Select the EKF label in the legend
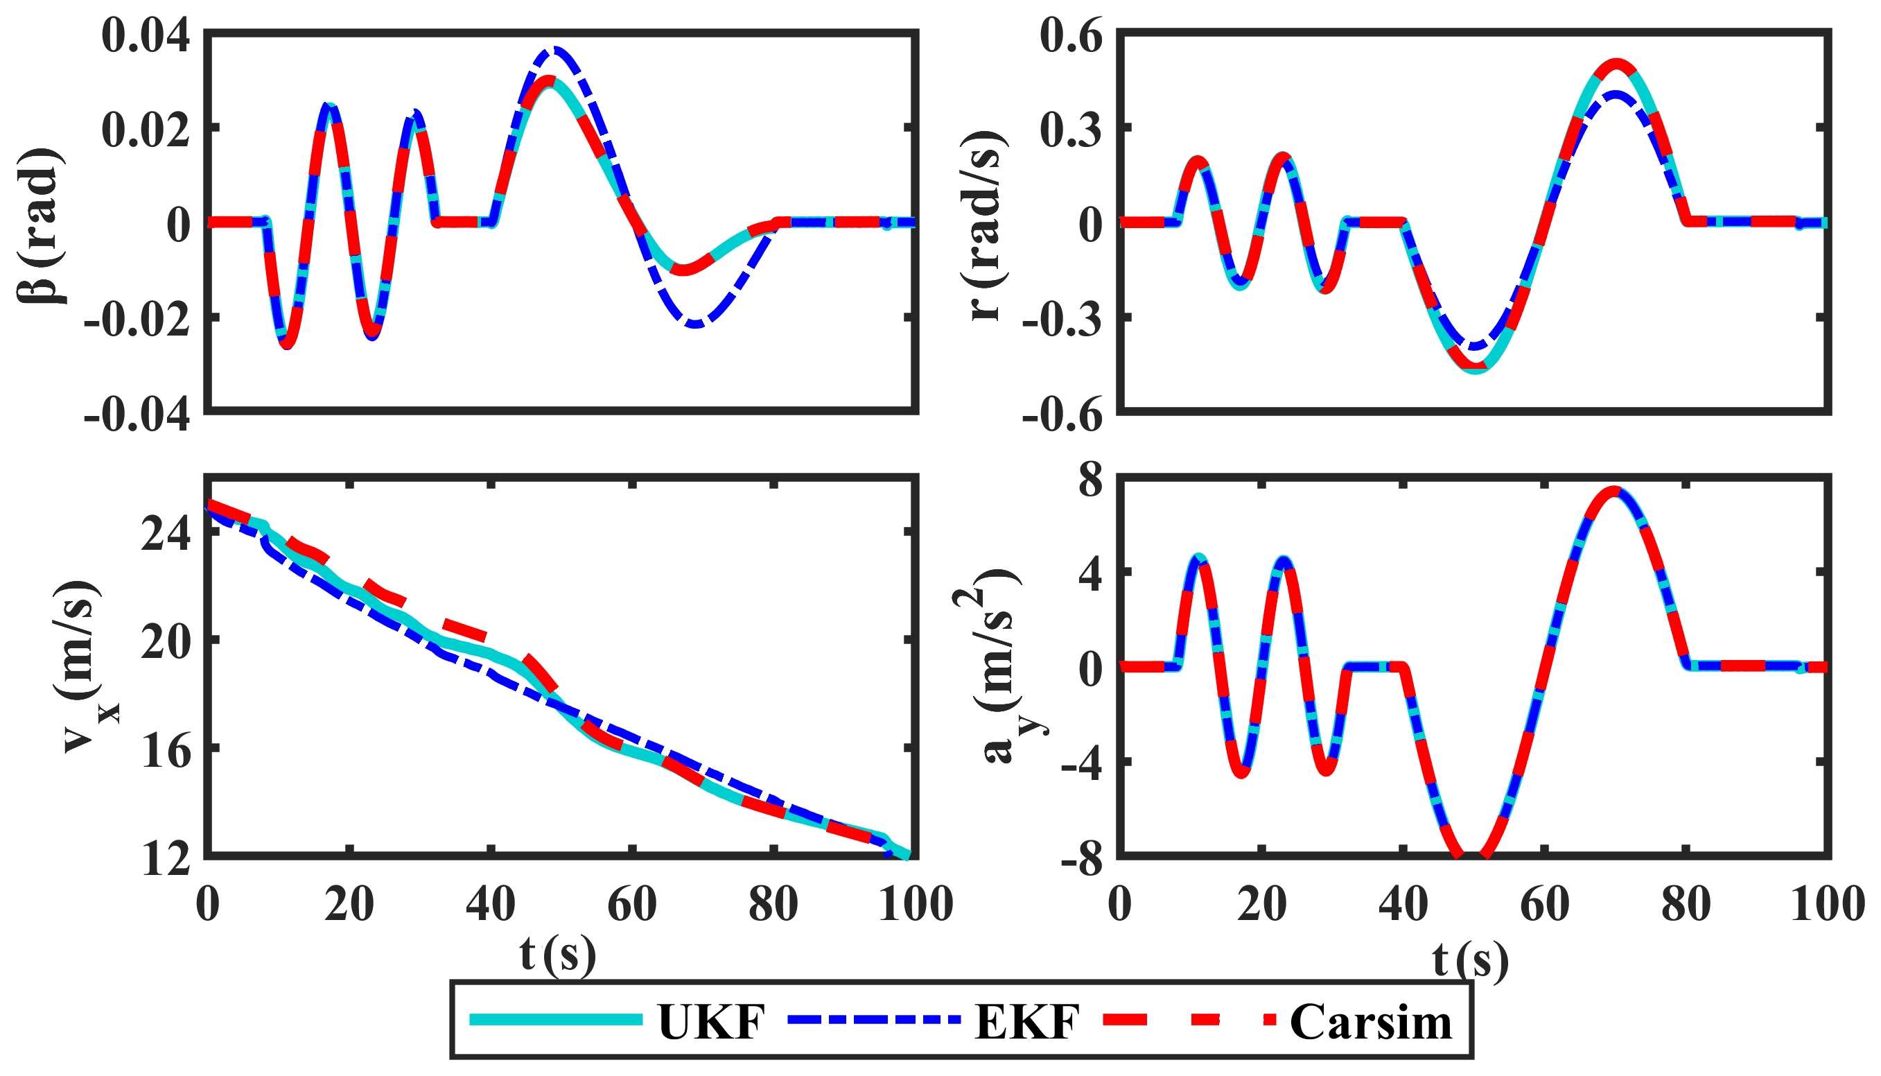click(1027, 1022)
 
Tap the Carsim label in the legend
click(1370, 1022)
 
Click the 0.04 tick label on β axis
click(145, 35)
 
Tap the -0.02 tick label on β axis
click(137, 318)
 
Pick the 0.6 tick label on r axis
click(1071, 35)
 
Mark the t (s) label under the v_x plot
click(558, 955)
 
